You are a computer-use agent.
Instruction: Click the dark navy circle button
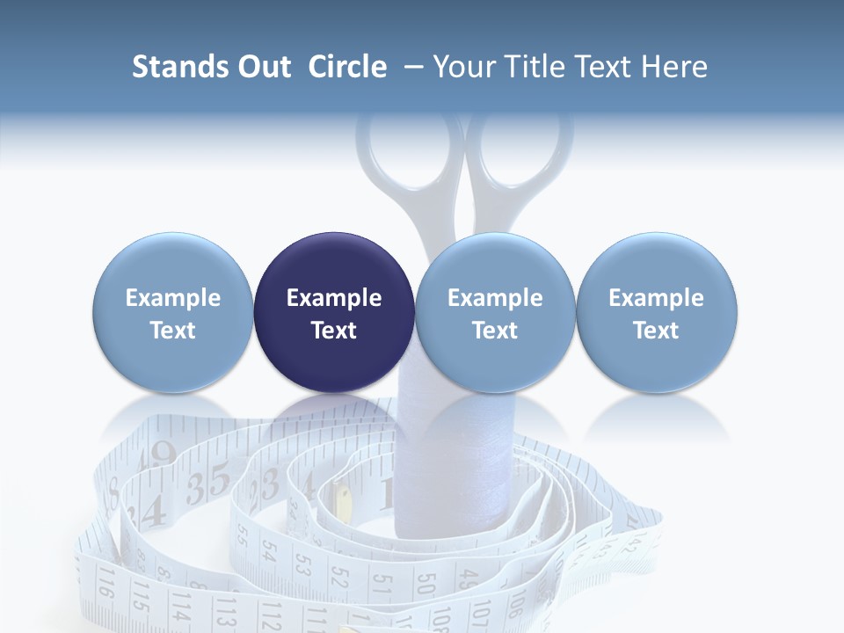point(334,312)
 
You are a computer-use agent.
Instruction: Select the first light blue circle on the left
point(173,312)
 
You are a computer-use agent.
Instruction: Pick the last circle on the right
point(657,312)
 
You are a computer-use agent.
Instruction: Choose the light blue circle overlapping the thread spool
point(495,312)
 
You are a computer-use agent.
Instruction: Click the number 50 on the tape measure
point(426,585)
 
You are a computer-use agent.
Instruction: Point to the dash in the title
point(410,68)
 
